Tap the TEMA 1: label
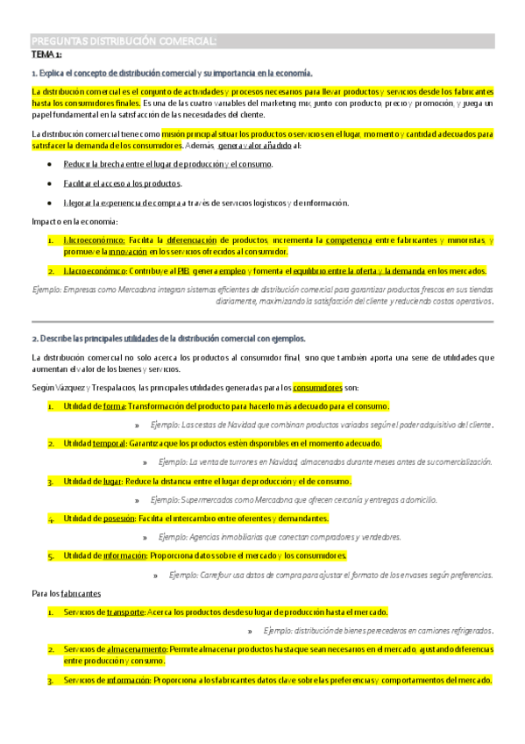[x=46, y=54]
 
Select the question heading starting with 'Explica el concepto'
[x=172, y=74]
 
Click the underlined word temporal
[x=110, y=444]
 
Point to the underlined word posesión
[x=119, y=519]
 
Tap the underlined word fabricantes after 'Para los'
[x=81, y=593]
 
